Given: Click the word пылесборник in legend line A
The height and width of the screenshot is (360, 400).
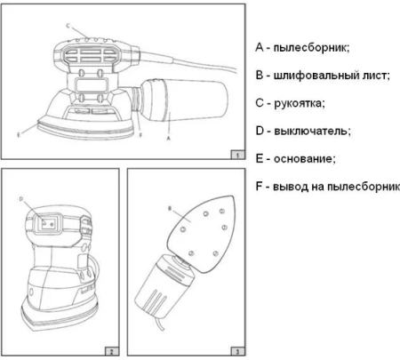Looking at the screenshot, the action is tap(311, 48).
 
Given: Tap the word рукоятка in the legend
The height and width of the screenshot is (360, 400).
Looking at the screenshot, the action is tap(300, 103).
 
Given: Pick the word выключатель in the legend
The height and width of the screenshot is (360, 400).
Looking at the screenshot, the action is tap(312, 131).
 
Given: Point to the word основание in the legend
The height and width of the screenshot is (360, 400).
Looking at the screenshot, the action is tap(305, 159).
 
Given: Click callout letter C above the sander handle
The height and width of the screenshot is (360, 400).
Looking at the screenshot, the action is tap(68, 26).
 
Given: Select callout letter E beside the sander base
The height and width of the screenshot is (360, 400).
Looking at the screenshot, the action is tap(19, 135).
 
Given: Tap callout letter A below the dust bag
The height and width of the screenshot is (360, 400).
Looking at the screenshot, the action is tap(169, 138).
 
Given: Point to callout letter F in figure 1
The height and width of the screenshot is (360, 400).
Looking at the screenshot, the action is tap(140, 135).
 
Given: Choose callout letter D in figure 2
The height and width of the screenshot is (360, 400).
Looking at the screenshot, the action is tap(21, 199).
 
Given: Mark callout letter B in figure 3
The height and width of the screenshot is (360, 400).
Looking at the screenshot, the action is tap(170, 209).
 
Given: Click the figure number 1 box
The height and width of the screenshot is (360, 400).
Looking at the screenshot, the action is tap(237, 155).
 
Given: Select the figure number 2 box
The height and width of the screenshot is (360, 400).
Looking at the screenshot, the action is tap(112, 351).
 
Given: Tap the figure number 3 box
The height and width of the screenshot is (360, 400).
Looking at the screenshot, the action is tap(237, 351).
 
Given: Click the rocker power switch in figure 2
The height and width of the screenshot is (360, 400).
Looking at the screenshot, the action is tap(47, 224).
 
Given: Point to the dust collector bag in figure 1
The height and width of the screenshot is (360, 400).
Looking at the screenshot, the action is tap(184, 100).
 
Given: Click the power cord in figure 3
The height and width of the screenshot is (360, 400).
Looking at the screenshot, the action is tap(160, 324).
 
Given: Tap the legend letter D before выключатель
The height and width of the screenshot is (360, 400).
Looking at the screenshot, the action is tap(260, 131).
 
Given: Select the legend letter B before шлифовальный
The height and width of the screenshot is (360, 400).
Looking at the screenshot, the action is tap(260, 76).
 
